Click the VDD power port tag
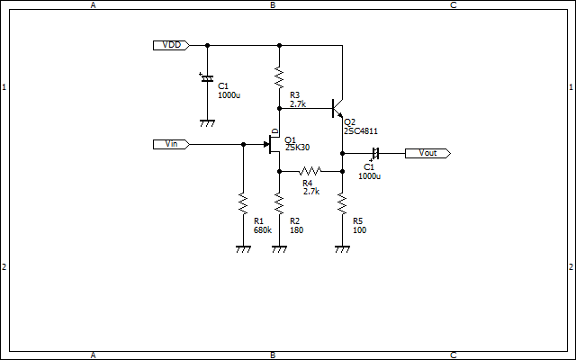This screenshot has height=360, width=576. [x=171, y=45]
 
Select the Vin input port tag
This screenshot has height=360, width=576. [x=171, y=144]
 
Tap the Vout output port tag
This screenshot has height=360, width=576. [x=427, y=154]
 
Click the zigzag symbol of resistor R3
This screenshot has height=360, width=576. [x=280, y=77]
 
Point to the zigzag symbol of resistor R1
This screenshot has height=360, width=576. [x=243, y=203]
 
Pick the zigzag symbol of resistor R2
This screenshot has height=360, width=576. [x=280, y=203]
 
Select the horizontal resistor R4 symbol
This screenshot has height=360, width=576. [x=310, y=171]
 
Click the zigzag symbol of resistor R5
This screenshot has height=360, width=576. [x=342, y=203]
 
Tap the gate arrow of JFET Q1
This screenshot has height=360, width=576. [x=267, y=144]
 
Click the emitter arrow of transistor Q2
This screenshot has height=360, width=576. [x=340, y=115]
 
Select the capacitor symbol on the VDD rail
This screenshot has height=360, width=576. [x=207, y=77]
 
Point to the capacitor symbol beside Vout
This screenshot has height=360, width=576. [x=375, y=154]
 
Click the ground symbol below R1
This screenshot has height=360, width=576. [x=243, y=249]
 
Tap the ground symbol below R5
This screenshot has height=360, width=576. [x=342, y=249]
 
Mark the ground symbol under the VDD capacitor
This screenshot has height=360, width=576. [x=207, y=123]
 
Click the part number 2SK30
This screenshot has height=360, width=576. [x=298, y=148]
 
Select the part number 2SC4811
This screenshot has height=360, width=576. [x=361, y=131]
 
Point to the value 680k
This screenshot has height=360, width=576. [x=263, y=230]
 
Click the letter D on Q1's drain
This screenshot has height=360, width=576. [x=274, y=131]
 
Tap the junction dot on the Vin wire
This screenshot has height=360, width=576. [x=243, y=144]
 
